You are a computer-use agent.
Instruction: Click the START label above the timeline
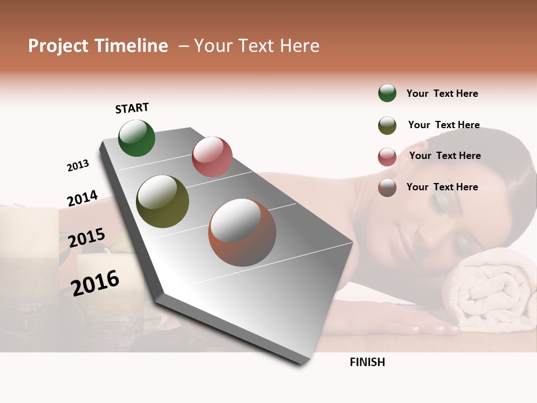click(132, 108)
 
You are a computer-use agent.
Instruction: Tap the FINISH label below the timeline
click(367, 362)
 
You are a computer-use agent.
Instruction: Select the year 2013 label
click(78, 166)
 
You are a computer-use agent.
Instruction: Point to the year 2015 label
click(87, 237)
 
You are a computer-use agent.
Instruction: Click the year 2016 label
click(95, 283)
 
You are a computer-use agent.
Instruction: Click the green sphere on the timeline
click(136, 138)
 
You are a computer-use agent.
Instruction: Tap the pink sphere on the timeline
click(212, 157)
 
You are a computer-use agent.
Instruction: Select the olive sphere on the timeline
click(162, 201)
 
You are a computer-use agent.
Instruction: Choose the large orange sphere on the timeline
click(242, 232)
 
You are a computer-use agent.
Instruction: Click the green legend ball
click(387, 93)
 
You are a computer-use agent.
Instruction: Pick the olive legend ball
click(387, 125)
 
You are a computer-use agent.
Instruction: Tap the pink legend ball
click(387, 157)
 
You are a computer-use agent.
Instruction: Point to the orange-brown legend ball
click(387, 188)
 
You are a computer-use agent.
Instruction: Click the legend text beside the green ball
click(442, 93)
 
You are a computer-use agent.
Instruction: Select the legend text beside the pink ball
click(445, 156)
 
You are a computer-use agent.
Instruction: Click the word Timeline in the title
click(131, 46)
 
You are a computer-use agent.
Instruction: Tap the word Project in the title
click(58, 46)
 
